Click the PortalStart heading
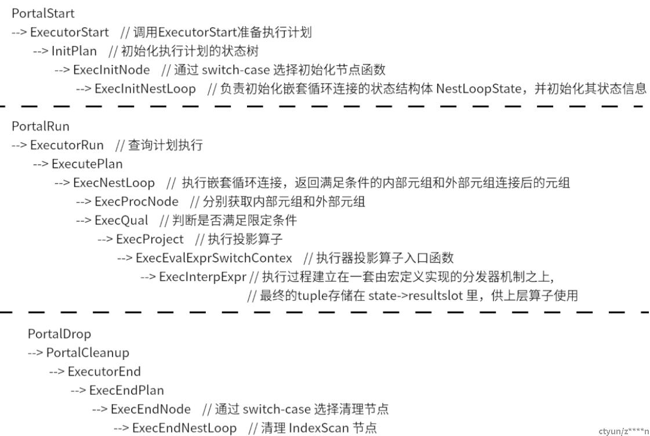point(43,13)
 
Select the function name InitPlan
point(74,51)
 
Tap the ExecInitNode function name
point(111,70)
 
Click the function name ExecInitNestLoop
point(145,88)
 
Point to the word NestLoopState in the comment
point(479,88)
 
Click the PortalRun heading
point(41,126)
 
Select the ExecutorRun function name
point(67,145)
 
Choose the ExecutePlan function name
point(87,164)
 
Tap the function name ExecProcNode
point(136,201)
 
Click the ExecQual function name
point(121,220)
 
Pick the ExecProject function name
point(150,239)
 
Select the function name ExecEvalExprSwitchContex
point(214,258)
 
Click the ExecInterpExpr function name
point(203,276)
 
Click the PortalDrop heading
point(59,334)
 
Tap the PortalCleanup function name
point(88,352)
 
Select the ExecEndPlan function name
point(126,390)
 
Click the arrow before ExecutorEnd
point(57,372)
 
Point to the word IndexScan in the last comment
point(318,428)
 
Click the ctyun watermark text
point(624,431)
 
